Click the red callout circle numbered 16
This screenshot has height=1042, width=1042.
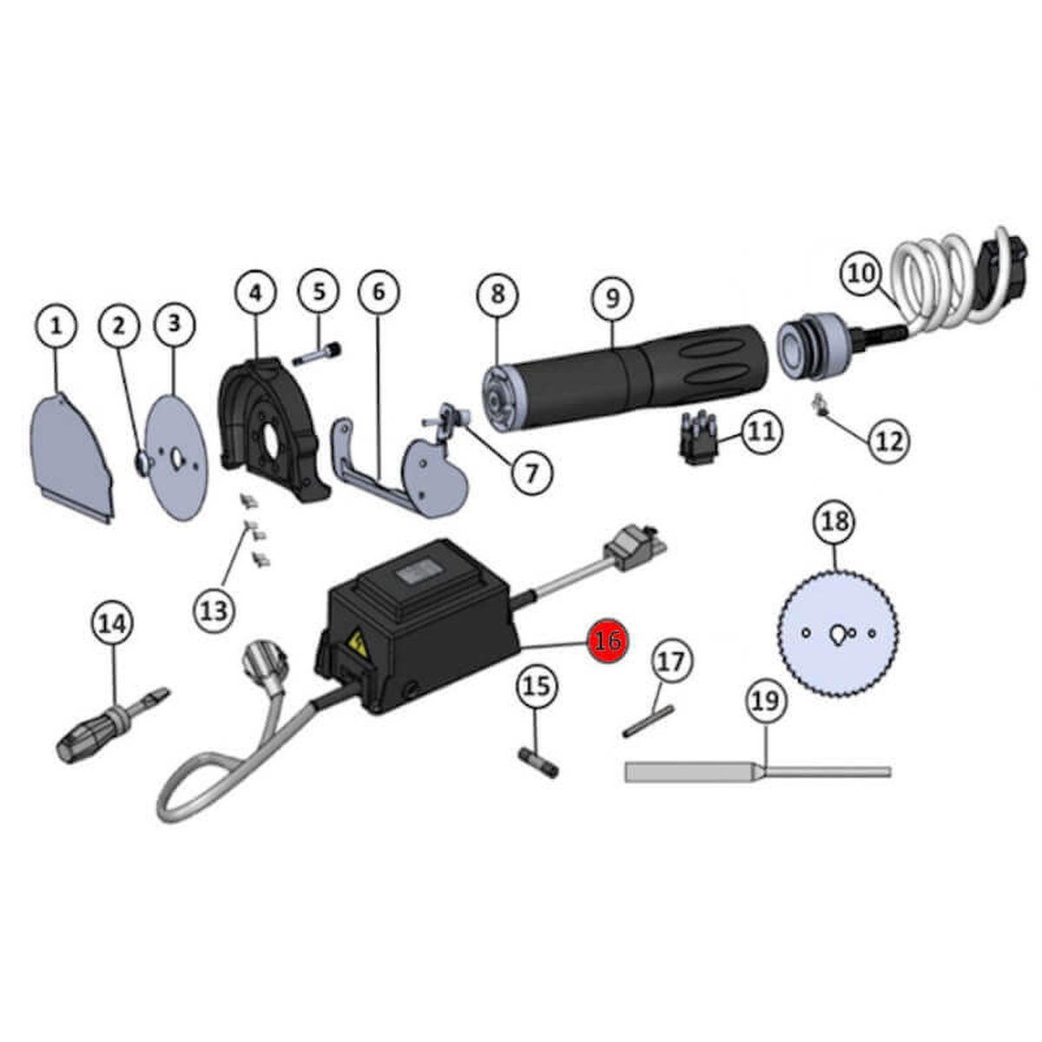pyautogui.click(x=607, y=641)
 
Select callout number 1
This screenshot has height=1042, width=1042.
pyautogui.click(x=56, y=326)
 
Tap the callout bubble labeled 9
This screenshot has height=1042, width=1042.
pyautogui.click(x=613, y=298)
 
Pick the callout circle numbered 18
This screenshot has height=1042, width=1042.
pyautogui.click(x=835, y=522)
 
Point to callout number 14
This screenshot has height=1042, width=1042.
pyautogui.click(x=114, y=623)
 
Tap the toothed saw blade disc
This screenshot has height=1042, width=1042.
pyautogui.click(x=838, y=632)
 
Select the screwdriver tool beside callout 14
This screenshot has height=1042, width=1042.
pyautogui.click(x=113, y=724)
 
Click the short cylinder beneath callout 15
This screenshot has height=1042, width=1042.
pyautogui.click(x=538, y=762)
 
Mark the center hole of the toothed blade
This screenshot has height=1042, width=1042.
pyautogui.click(x=837, y=633)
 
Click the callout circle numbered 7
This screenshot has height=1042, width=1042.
pyautogui.click(x=531, y=474)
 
